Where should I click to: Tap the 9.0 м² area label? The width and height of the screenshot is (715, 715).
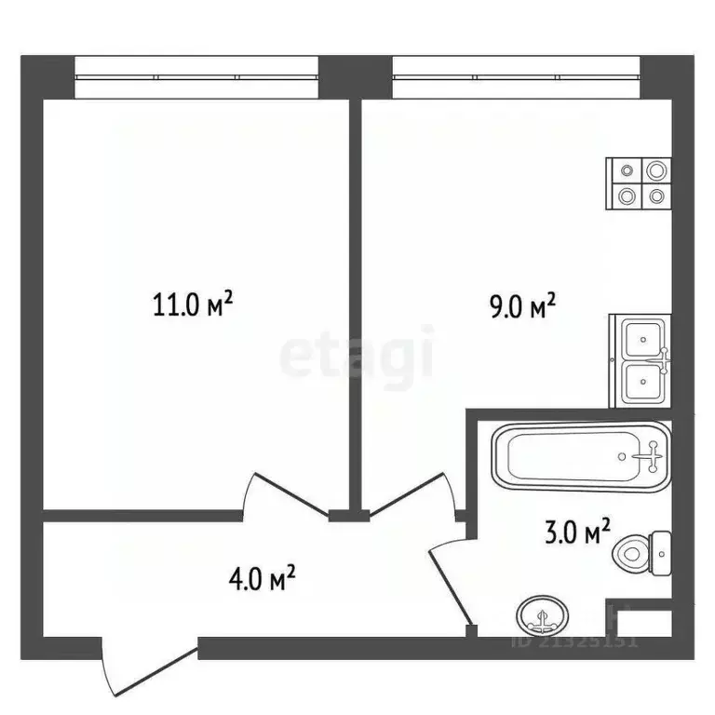coord(521,304)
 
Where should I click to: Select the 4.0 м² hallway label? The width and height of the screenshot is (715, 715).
coord(261,581)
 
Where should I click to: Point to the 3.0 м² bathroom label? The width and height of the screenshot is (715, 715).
coord(574,533)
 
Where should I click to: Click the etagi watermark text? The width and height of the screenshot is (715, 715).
coord(357,354)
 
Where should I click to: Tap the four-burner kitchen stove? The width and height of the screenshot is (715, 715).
coord(639,183)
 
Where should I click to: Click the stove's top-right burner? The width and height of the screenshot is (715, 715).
coord(656,171)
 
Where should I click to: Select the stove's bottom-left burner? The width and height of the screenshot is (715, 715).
coord(625,196)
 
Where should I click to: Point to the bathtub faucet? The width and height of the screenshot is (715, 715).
coord(649,456)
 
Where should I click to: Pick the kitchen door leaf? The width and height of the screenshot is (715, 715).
coord(410,493)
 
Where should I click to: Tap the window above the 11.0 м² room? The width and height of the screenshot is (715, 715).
coord(196,74)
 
